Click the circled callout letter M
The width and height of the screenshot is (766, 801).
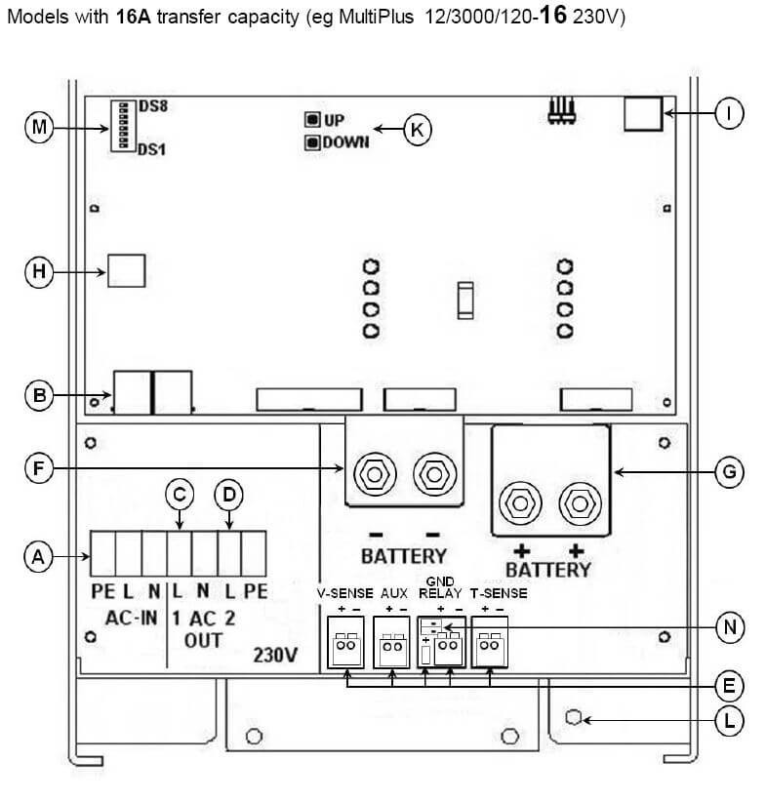tap(39, 127)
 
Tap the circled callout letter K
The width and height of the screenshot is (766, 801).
tap(418, 130)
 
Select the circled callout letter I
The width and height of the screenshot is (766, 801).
tap(729, 113)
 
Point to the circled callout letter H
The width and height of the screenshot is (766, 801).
tap(39, 272)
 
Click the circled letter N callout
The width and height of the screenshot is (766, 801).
tap(730, 626)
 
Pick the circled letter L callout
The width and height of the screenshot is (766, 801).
tap(729, 721)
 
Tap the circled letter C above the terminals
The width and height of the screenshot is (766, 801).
tap(180, 495)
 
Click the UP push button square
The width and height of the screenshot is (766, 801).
tap(312, 120)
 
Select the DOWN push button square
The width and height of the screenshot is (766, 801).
tap(312, 142)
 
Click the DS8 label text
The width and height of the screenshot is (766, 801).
tap(153, 106)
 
